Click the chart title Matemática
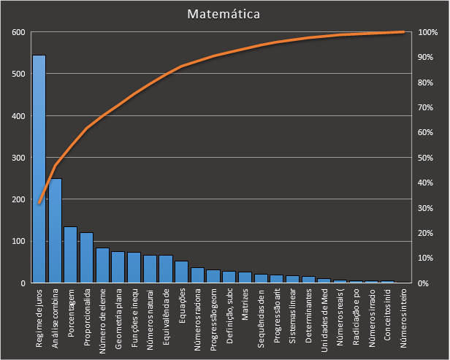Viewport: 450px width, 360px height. (x=224, y=14)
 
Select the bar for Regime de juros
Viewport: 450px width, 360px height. (x=39, y=169)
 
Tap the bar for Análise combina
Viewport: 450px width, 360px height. (x=55, y=231)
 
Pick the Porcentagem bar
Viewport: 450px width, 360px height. (x=71, y=255)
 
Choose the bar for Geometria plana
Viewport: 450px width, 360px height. (x=118, y=267)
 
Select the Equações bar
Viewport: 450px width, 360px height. (x=182, y=272)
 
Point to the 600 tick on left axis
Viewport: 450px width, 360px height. (x=18, y=32)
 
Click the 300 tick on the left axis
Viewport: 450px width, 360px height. (x=18, y=158)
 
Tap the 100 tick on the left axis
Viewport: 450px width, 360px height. (x=18, y=241)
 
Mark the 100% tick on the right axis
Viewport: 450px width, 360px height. (x=427, y=32)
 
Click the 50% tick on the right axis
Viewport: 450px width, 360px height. (x=427, y=158)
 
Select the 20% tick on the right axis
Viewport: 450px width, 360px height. (x=427, y=233)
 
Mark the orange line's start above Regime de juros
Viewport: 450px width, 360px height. (x=39, y=203)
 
